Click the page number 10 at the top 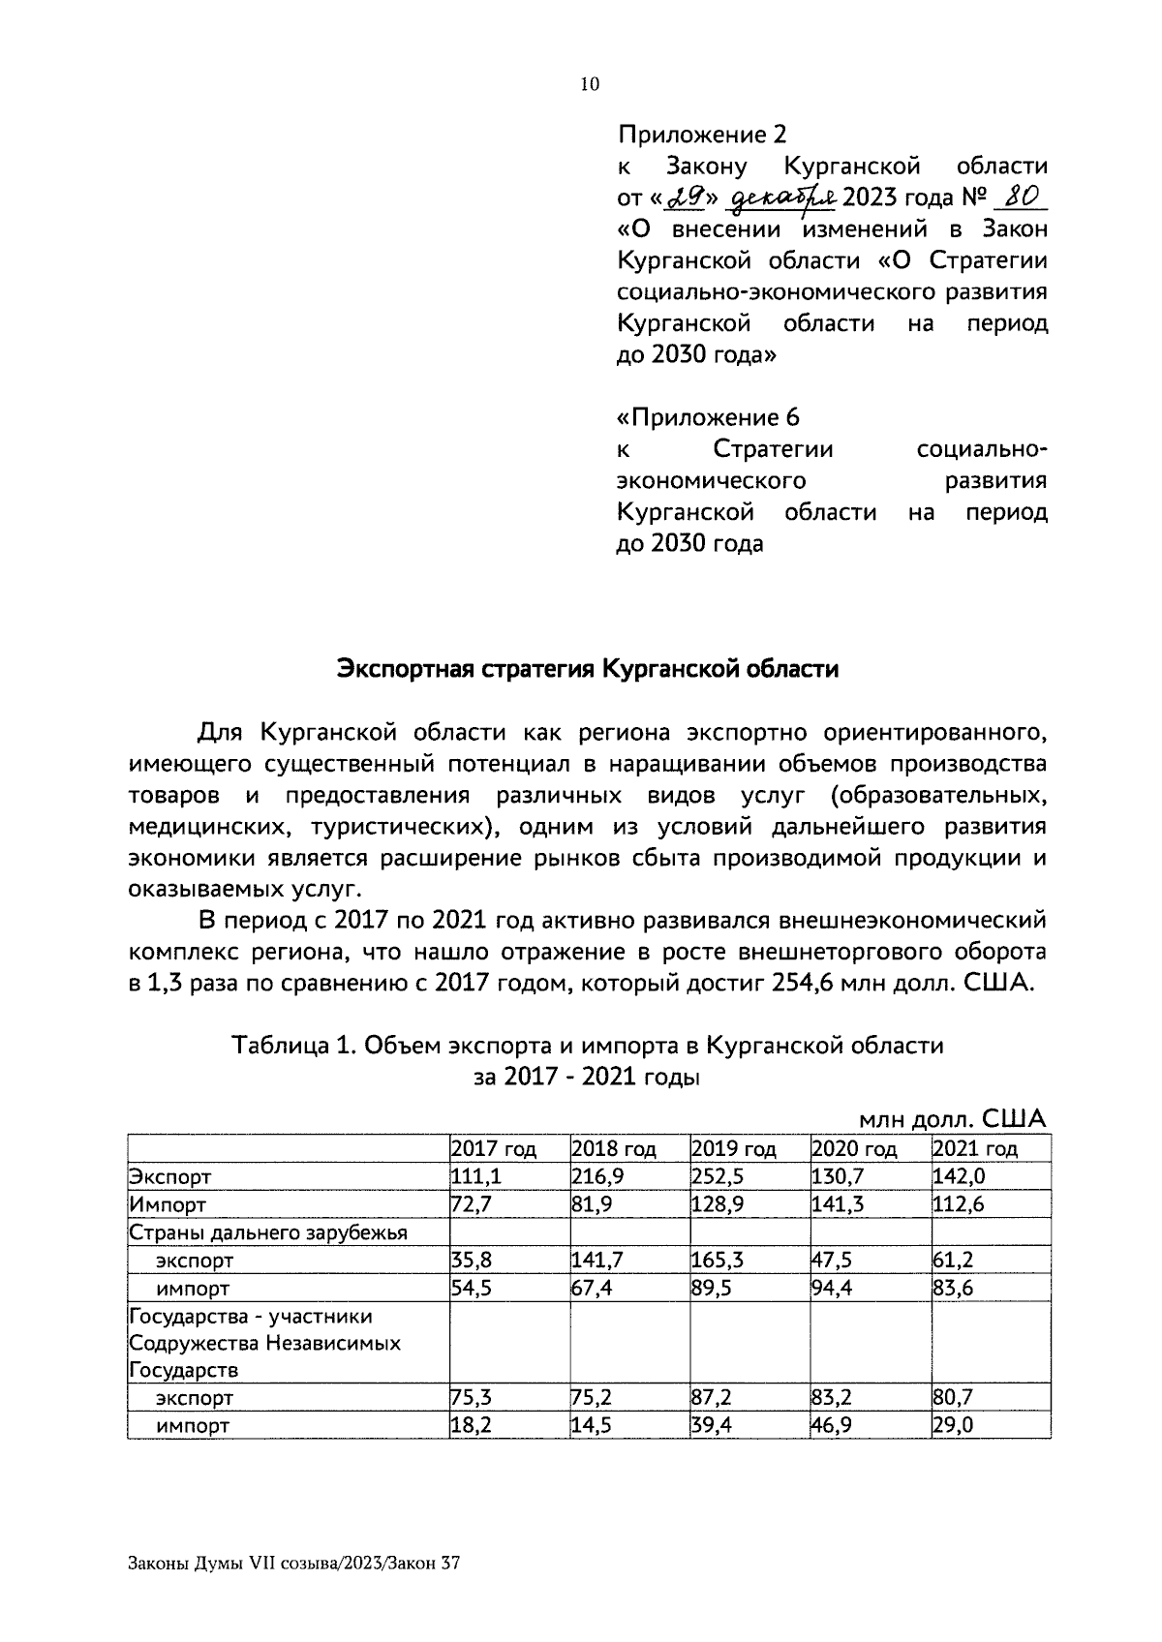tap(590, 84)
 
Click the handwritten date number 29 tap(688, 198)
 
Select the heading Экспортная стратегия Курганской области tap(587, 669)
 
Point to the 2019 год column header tap(734, 1149)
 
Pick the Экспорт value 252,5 tap(716, 1176)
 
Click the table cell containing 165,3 tap(716, 1261)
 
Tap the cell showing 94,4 tap(832, 1288)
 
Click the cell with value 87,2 tap(712, 1398)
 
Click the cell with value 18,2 tap(471, 1425)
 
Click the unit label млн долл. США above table tap(953, 1119)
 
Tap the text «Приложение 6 tap(708, 417)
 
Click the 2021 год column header tap(974, 1149)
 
